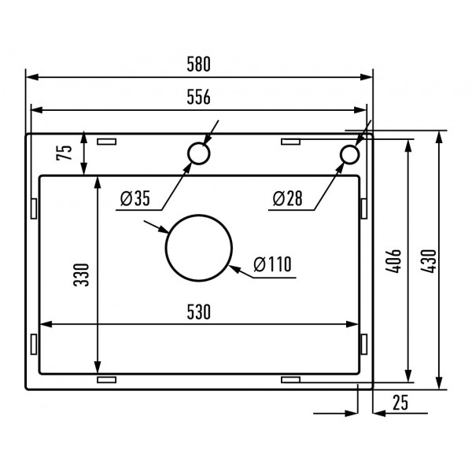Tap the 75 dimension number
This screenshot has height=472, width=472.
pos(68,151)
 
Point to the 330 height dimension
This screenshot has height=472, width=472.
pos(83,274)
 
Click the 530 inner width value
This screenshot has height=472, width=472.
pos(200,312)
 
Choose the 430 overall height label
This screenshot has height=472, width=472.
pos(427,260)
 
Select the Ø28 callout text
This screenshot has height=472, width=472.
pos(287,199)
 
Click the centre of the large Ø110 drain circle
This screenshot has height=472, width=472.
pos(199,249)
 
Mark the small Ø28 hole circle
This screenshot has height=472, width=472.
pos(349,154)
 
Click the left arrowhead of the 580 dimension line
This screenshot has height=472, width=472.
pos(31,77)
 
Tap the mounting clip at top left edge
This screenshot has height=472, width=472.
pos(105,142)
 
